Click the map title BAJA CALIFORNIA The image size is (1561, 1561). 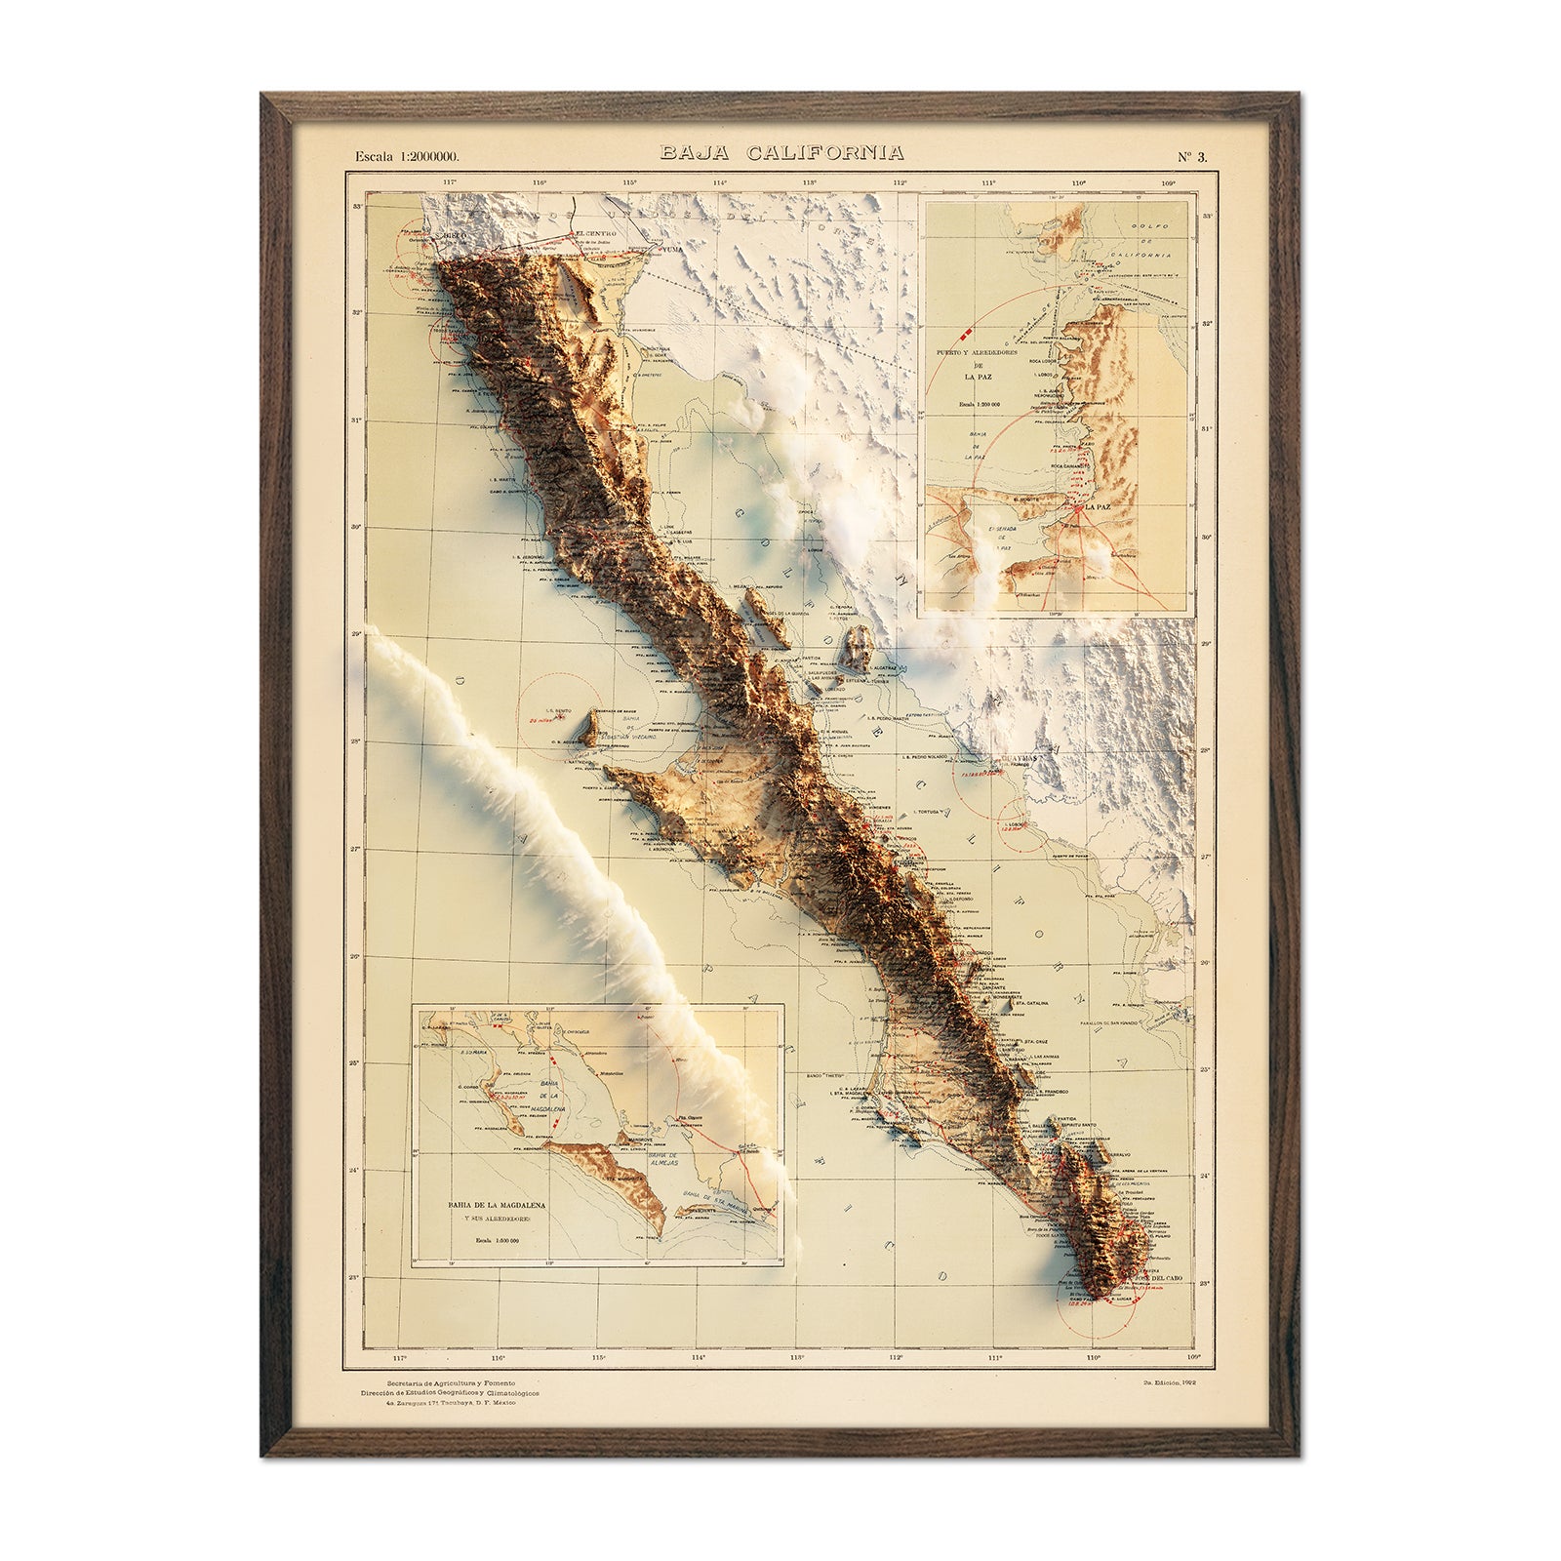pyautogui.click(x=780, y=153)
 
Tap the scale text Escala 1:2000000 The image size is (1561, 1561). pyautogui.click(x=407, y=155)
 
